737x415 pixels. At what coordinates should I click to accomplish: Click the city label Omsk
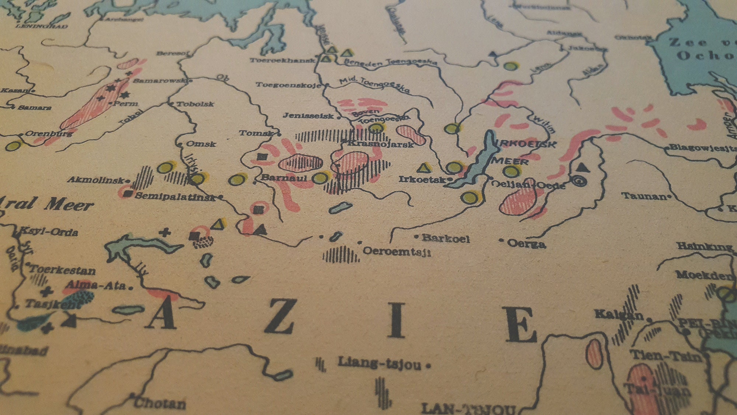201,144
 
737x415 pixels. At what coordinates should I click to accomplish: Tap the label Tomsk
256,133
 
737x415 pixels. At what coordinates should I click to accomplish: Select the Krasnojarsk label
381,144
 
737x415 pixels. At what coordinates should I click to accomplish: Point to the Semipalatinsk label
175,196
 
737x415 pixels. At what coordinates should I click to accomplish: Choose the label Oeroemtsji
397,252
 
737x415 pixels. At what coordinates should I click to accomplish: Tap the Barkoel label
446,238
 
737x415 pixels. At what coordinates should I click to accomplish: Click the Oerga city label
526,243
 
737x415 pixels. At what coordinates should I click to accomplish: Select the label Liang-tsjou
380,363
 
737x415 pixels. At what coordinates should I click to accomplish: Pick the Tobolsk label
195,104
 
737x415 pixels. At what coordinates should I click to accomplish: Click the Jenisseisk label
308,116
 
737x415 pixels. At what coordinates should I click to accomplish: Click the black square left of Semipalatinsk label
128,193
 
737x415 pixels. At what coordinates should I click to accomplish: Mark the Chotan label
160,403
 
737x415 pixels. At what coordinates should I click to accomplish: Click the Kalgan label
619,315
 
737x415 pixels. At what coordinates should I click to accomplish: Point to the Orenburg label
49,134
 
